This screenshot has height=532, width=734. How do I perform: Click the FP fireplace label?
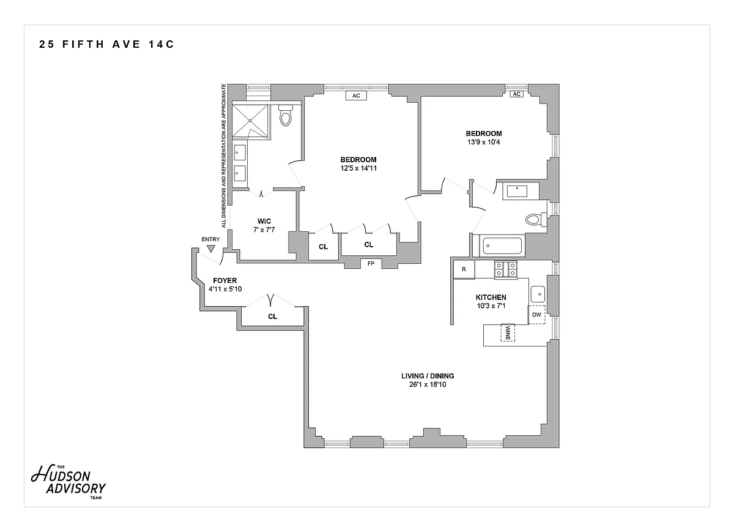tap(371, 264)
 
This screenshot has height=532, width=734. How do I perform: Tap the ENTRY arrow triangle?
tap(211, 249)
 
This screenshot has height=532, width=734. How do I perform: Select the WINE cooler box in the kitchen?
tap(508, 332)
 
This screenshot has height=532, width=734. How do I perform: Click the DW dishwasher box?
tap(536, 315)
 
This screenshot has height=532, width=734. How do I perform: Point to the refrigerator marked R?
tap(464, 269)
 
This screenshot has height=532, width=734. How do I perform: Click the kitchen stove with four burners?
tap(505, 269)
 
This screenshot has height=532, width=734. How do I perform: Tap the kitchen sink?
tap(537, 293)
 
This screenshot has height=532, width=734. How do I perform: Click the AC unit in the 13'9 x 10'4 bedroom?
tap(516, 94)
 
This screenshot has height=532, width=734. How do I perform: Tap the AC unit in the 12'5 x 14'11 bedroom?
tap(355, 96)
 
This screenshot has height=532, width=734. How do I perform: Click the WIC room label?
tap(264, 221)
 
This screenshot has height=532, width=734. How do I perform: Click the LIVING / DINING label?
tap(428, 376)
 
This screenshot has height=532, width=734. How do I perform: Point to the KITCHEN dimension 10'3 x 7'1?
tap(491, 306)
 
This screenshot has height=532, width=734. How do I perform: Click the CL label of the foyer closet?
tap(272, 317)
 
